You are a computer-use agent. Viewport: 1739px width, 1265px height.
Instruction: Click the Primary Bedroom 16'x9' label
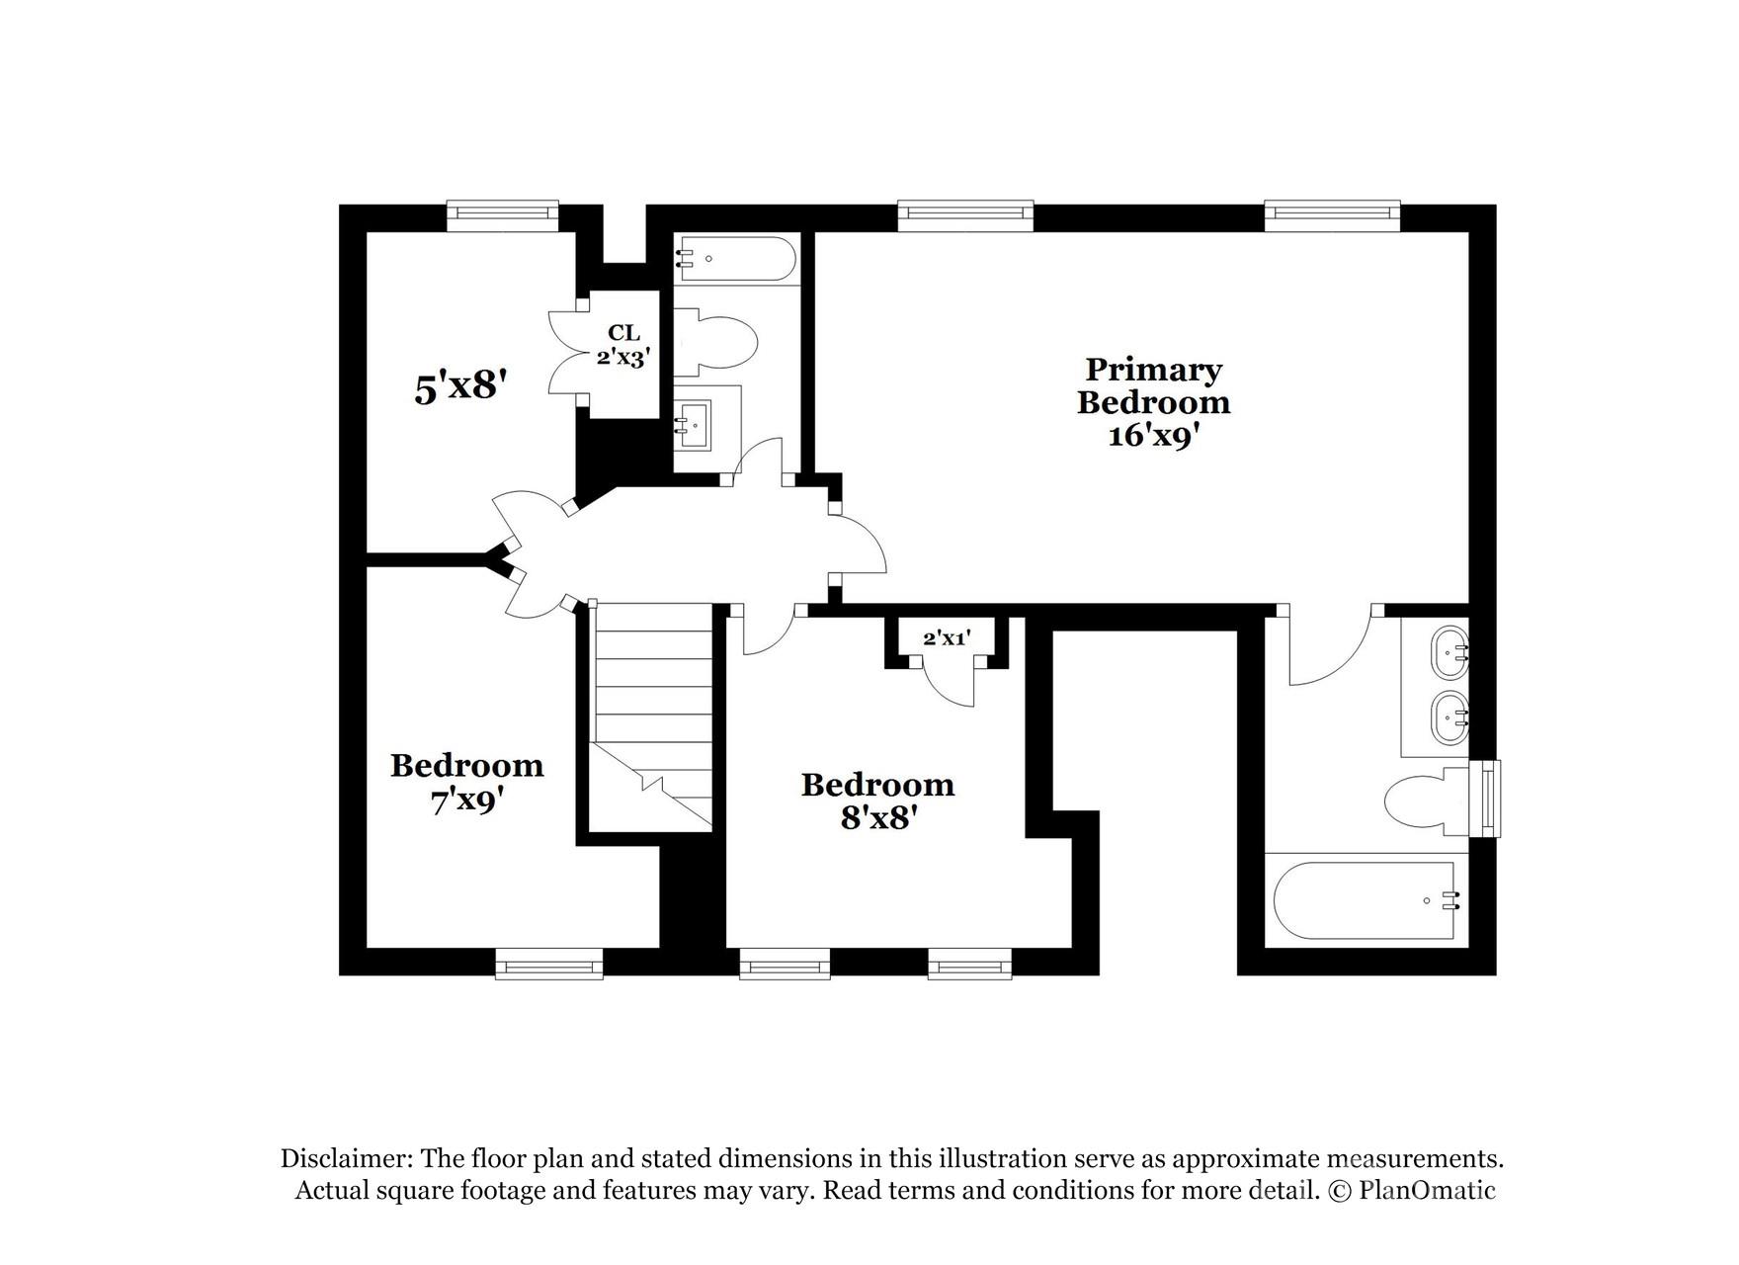(1153, 401)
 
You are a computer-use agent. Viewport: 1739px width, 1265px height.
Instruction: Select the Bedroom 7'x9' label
(466, 782)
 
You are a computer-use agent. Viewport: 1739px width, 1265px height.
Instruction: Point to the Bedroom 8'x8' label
(877, 801)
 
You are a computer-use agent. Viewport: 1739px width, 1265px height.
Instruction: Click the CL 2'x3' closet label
(622, 345)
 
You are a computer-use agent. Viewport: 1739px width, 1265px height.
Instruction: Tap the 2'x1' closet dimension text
(947, 638)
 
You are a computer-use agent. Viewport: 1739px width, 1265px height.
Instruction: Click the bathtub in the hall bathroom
(737, 259)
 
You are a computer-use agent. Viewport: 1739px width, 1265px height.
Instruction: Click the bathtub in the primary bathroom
(1364, 900)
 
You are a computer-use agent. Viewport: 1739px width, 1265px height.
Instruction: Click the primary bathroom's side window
(1485, 799)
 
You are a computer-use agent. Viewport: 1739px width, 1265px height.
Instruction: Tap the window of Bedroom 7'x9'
(548, 964)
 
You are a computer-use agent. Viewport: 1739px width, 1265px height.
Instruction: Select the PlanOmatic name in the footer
(1427, 1190)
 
